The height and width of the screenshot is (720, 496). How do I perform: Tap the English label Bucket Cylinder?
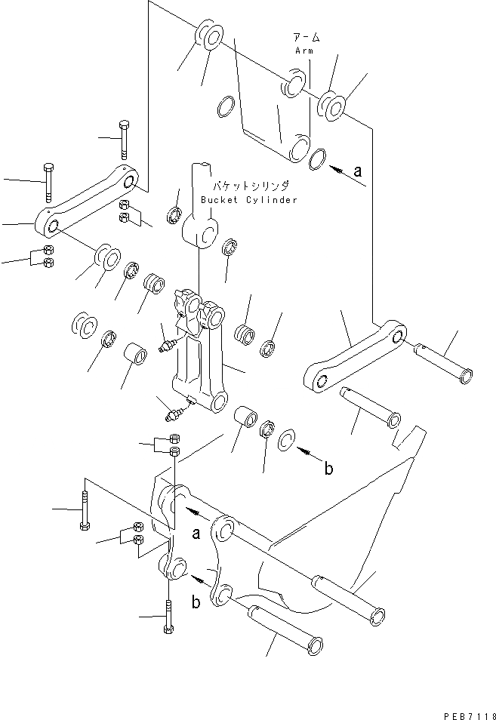[249, 200]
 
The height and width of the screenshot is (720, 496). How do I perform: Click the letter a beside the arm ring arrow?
[358, 172]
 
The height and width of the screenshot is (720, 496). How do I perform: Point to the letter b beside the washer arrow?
[328, 469]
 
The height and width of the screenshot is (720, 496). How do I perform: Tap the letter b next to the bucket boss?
[195, 602]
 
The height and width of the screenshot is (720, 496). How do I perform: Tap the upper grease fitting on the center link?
[167, 345]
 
